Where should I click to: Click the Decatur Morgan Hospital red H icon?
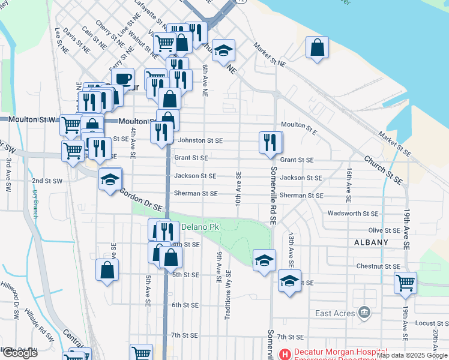tap(284, 354)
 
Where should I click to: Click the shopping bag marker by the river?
tap(317, 48)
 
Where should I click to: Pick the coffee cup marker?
tap(123, 79)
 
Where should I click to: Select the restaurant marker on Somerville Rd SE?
tap(270, 143)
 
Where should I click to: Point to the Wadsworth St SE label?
tap(353, 214)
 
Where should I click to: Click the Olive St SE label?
tap(384, 230)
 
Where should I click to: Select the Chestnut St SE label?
tap(378, 266)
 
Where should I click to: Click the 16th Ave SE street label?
tap(348, 184)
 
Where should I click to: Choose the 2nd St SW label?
tap(47, 181)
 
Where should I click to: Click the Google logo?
tap(20, 353)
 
